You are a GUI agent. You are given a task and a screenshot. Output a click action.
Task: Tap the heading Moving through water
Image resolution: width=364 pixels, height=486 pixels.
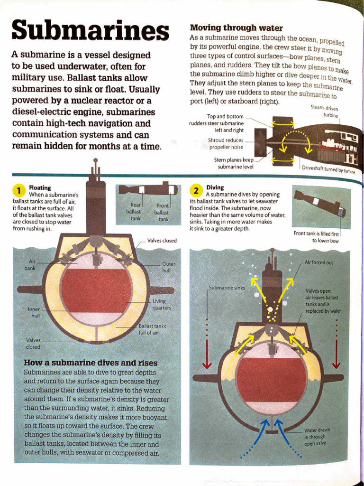236,28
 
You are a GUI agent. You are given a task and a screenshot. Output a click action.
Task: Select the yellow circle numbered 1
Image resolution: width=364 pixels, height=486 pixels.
18,191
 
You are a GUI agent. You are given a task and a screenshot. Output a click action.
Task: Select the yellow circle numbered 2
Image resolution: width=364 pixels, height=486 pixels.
196,191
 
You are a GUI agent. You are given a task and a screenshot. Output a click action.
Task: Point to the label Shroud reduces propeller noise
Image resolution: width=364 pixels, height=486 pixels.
226,144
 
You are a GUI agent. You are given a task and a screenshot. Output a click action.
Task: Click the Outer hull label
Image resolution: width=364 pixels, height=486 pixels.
168,267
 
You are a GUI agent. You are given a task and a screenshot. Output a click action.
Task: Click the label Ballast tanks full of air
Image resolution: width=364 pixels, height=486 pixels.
152,329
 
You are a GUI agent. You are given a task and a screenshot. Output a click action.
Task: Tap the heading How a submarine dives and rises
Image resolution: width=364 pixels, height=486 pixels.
91,363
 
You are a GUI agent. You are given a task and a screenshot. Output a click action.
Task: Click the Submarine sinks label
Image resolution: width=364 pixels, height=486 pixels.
227,288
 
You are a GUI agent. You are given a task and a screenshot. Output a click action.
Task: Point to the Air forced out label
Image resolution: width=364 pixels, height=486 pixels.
318,262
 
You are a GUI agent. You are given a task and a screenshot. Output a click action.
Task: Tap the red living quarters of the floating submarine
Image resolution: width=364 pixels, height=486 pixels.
96,290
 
